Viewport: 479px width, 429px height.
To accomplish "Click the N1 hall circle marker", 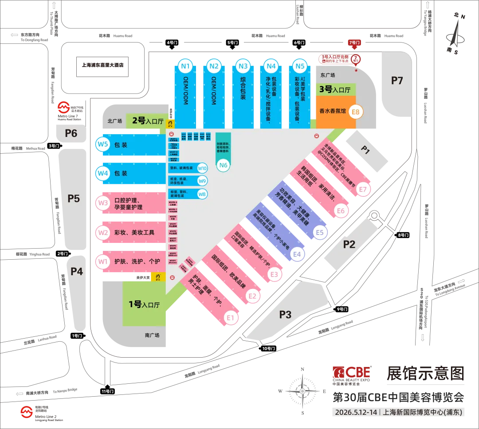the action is tap(185, 67).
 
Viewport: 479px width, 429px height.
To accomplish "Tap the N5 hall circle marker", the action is tap(300, 67).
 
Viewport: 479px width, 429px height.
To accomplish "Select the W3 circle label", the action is tap(103, 203).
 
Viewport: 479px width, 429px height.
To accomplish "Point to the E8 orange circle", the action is tap(356, 112).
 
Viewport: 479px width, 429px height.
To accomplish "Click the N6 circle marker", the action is tap(224, 165).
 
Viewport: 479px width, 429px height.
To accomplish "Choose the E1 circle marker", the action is tap(230, 317).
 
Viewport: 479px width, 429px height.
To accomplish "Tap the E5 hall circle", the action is tap(320, 232).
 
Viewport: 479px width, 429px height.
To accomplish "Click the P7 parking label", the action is tap(397, 80).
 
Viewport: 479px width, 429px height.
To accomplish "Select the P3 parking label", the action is tap(285, 314).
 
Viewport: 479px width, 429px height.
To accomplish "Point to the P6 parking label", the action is tap(71, 133).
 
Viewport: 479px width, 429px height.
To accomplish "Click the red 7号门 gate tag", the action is tap(355, 43).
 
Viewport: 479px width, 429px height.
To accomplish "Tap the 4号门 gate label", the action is tap(172, 43).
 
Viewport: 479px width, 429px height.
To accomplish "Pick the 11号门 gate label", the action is tap(108, 391).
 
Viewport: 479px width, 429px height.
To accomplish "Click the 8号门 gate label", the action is tap(403, 235).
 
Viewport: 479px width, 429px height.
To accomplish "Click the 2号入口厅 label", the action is tap(148, 121).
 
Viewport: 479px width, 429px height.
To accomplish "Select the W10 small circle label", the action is tap(202, 168).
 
